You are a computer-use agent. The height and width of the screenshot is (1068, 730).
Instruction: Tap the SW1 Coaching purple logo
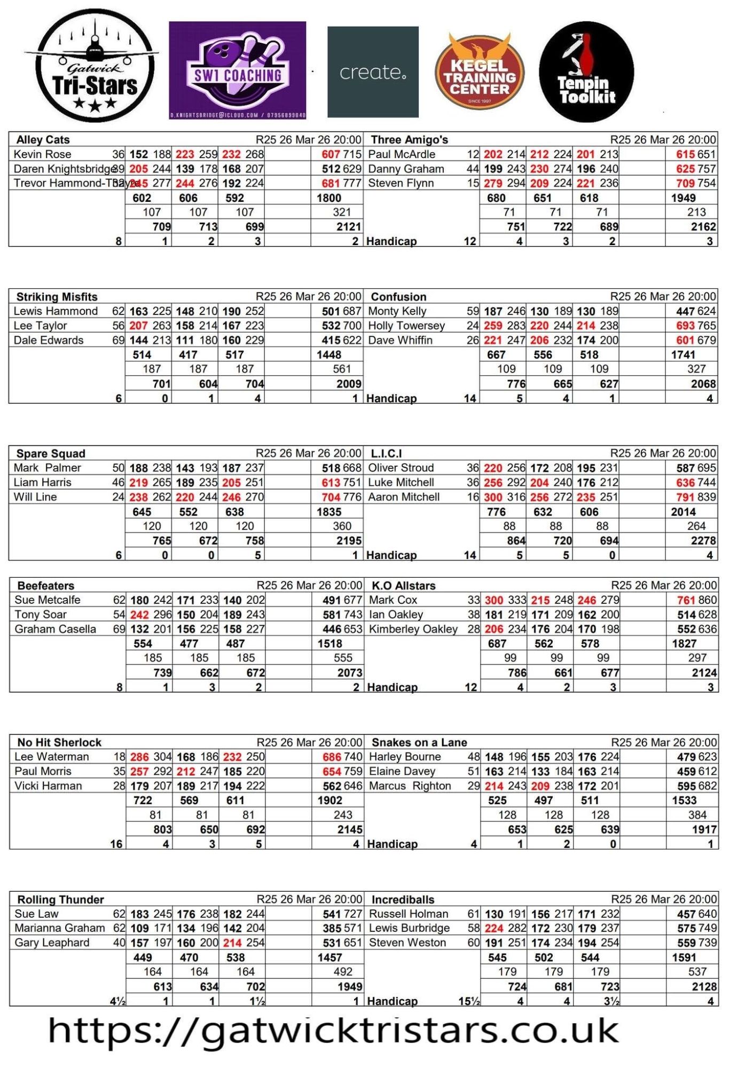[238, 70]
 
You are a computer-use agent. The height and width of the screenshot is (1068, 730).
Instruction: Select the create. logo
[373, 72]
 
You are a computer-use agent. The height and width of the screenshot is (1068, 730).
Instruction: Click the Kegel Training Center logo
[480, 72]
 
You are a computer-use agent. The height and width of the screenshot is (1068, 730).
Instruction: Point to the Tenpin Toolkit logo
[586, 72]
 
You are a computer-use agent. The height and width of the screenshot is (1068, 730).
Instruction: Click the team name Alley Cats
[43, 140]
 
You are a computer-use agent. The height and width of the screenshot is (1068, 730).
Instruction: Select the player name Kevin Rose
[42, 154]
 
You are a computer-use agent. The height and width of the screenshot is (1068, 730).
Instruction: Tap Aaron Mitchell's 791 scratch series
[686, 497]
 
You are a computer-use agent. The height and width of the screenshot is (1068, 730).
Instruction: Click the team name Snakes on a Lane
[419, 742]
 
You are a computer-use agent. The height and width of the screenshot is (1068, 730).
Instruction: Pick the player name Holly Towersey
[406, 326]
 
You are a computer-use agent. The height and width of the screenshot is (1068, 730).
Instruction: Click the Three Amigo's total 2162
[703, 226]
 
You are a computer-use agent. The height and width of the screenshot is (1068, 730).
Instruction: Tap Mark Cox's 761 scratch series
[686, 600]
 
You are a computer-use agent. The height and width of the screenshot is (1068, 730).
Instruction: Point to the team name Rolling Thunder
[60, 899]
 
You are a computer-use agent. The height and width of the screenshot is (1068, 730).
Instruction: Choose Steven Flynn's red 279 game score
[493, 183]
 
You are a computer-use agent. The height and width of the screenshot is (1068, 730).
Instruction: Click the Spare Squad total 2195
[349, 540]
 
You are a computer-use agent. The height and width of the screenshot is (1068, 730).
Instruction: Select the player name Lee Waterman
[51, 757]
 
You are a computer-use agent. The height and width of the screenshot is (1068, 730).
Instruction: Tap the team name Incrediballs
[403, 899]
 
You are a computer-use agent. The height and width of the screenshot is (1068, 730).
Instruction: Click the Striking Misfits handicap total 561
[342, 369]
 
